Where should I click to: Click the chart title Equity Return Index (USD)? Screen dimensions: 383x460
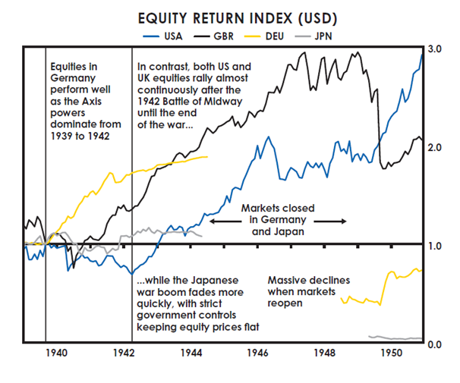[227, 17]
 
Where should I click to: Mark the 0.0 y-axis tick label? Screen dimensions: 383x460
[436, 345]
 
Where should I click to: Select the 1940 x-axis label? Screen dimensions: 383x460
[58, 353]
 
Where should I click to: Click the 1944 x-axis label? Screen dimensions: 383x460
[191, 353]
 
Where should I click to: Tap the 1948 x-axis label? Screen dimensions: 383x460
[326, 353]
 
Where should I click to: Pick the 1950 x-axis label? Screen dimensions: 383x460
[392, 353]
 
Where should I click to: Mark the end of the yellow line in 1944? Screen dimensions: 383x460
[206, 157]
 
